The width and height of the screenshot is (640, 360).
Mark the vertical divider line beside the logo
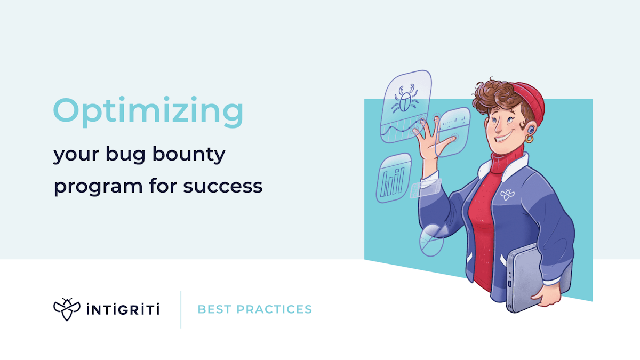click(181, 309)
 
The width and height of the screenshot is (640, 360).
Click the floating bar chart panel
click(393, 179)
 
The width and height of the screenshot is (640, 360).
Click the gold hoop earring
click(529, 139)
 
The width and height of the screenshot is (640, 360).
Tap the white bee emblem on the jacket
click(506, 194)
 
